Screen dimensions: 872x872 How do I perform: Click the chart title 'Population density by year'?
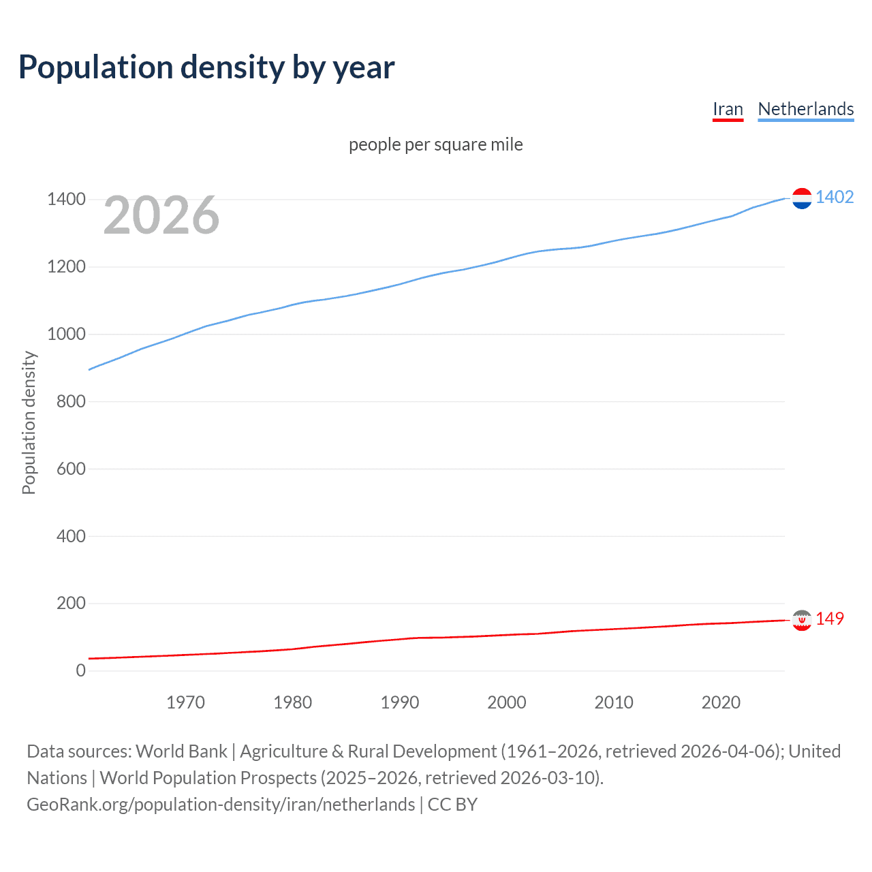tap(206, 67)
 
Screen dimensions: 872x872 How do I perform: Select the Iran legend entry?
tap(728, 109)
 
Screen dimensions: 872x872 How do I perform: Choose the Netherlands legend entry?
tap(805, 109)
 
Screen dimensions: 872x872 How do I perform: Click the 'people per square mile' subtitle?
tap(435, 144)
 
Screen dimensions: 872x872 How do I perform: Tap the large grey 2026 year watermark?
tap(161, 215)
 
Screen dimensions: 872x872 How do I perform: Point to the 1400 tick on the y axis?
tap(66, 200)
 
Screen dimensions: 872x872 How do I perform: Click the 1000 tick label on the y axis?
tap(66, 334)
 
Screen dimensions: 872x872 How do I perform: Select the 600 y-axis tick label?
tap(71, 469)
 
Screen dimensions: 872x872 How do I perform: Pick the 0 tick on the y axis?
tap(81, 670)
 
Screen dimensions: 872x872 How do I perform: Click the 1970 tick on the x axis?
tap(185, 702)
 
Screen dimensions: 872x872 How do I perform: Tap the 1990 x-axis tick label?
tap(400, 702)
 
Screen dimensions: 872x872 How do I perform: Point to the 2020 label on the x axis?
tap(721, 702)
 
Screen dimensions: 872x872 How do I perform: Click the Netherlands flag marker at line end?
tap(802, 198)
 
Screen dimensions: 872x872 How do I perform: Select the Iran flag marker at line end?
tap(802, 620)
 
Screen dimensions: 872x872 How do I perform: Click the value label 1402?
tap(835, 198)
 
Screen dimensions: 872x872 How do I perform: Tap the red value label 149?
tap(830, 619)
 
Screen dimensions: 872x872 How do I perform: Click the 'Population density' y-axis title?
tap(29, 422)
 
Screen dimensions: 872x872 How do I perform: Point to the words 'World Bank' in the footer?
tap(181, 751)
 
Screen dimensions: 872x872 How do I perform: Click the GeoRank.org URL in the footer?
tap(221, 805)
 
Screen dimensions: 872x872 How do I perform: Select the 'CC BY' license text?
tap(452, 805)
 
